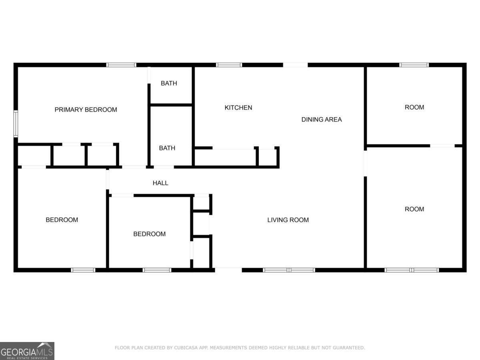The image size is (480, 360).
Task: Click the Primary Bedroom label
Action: [x=86, y=110]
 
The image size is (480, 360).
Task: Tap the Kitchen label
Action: [x=238, y=108]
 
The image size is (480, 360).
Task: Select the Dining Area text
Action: [x=322, y=119]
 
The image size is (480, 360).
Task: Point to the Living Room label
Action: [x=288, y=220]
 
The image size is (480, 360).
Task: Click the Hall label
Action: [x=160, y=183]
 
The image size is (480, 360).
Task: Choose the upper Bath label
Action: [x=169, y=83]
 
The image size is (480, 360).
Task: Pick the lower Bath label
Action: [x=167, y=148]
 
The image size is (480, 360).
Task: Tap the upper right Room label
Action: [x=414, y=107]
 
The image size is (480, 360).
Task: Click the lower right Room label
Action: [x=414, y=209]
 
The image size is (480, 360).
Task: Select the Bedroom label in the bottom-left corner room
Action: [x=62, y=220]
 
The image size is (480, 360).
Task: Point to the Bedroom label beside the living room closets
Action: [x=149, y=234]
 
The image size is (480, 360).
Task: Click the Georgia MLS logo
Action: [x=27, y=351]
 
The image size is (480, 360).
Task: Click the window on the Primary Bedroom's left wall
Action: [x=16, y=124]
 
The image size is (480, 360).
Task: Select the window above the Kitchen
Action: [x=229, y=65]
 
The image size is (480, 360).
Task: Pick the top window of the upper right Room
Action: [x=414, y=65]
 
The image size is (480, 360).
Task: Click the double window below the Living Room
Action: [x=289, y=270]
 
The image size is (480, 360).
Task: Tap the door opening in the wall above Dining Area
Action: [x=296, y=65]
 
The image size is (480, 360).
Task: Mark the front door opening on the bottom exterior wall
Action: [x=228, y=270]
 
